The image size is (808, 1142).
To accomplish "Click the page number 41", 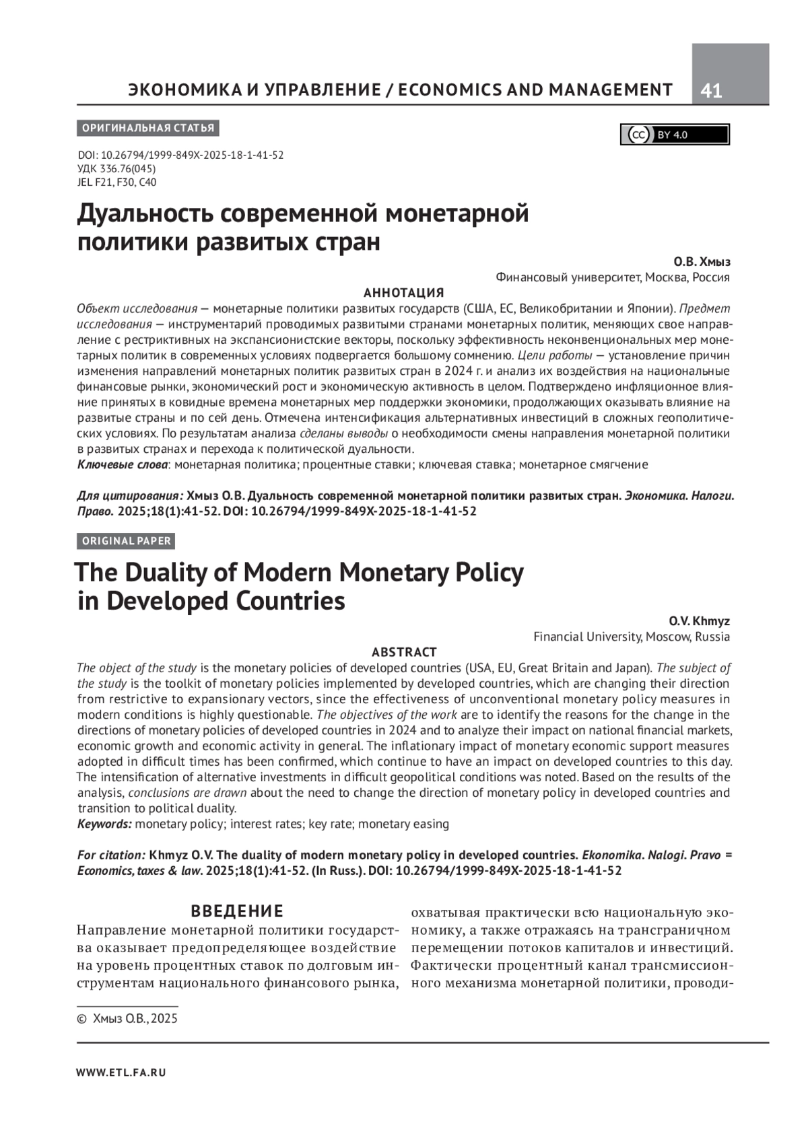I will tap(711, 90).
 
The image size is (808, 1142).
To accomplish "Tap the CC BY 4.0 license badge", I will tap(674, 135).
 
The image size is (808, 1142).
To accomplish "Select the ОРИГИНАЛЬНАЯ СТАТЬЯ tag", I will tap(148, 128).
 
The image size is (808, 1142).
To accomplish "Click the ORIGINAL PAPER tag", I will tap(127, 540).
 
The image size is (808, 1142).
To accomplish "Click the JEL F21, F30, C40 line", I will tap(117, 182).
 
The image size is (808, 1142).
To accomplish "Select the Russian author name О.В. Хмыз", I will tap(702, 262).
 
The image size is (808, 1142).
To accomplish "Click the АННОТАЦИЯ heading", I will tap(403, 293).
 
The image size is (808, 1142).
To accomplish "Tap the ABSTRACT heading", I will tap(404, 652).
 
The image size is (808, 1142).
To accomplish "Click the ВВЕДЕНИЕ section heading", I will tap(237, 911).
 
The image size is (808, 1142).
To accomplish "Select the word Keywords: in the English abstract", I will tap(104, 824).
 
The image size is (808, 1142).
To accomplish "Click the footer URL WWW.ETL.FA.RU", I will tap(121, 1073).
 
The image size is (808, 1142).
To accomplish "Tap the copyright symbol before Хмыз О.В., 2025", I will tap(82, 1019).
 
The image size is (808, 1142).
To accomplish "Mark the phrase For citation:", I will tap(111, 855).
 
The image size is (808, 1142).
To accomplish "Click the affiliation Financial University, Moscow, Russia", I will tap(631, 637).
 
